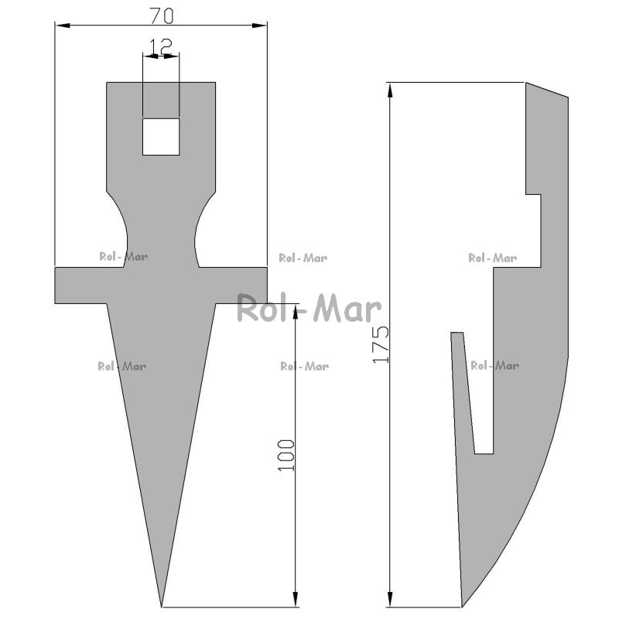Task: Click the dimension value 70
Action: click(162, 15)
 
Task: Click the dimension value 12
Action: click(161, 46)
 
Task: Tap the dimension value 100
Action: click(286, 455)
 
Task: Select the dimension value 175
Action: click(381, 344)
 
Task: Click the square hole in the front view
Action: click(161, 137)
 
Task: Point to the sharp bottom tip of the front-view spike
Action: click(162, 607)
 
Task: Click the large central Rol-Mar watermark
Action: click(309, 308)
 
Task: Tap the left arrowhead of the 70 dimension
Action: click(63, 26)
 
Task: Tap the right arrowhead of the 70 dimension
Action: click(259, 26)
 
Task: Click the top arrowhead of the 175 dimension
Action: click(390, 91)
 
